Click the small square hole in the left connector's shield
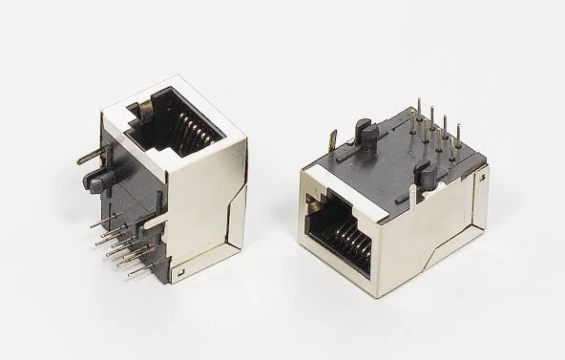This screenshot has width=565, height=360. pos(178,274)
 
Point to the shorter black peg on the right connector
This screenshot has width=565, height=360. pos(427,176)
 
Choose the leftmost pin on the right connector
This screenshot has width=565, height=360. pos(414,119)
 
